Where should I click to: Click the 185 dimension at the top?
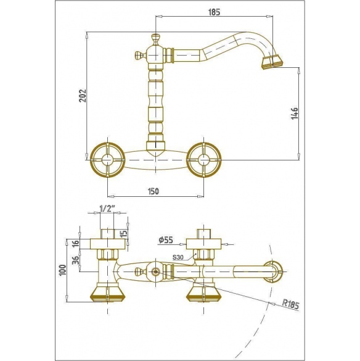tap(214, 12)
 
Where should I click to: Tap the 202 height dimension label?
tap(82, 96)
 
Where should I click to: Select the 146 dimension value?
tap(295, 114)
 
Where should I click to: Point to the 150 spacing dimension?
tap(153, 191)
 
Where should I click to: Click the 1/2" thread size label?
tap(107, 209)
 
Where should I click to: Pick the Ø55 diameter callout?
tap(166, 240)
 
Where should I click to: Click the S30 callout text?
tap(178, 257)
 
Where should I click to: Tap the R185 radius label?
tap(291, 304)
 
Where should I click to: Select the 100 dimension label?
tap(63, 270)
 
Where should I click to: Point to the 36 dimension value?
tap(76, 260)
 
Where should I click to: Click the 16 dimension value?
tap(76, 243)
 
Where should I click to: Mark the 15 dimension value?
tap(124, 234)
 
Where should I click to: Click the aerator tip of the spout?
tap(271, 62)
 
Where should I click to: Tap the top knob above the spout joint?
tap(155, 39)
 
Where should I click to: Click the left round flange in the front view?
tap(107, 160)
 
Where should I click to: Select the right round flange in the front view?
tap(204, 160)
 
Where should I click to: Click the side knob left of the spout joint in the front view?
tap(139, 56)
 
